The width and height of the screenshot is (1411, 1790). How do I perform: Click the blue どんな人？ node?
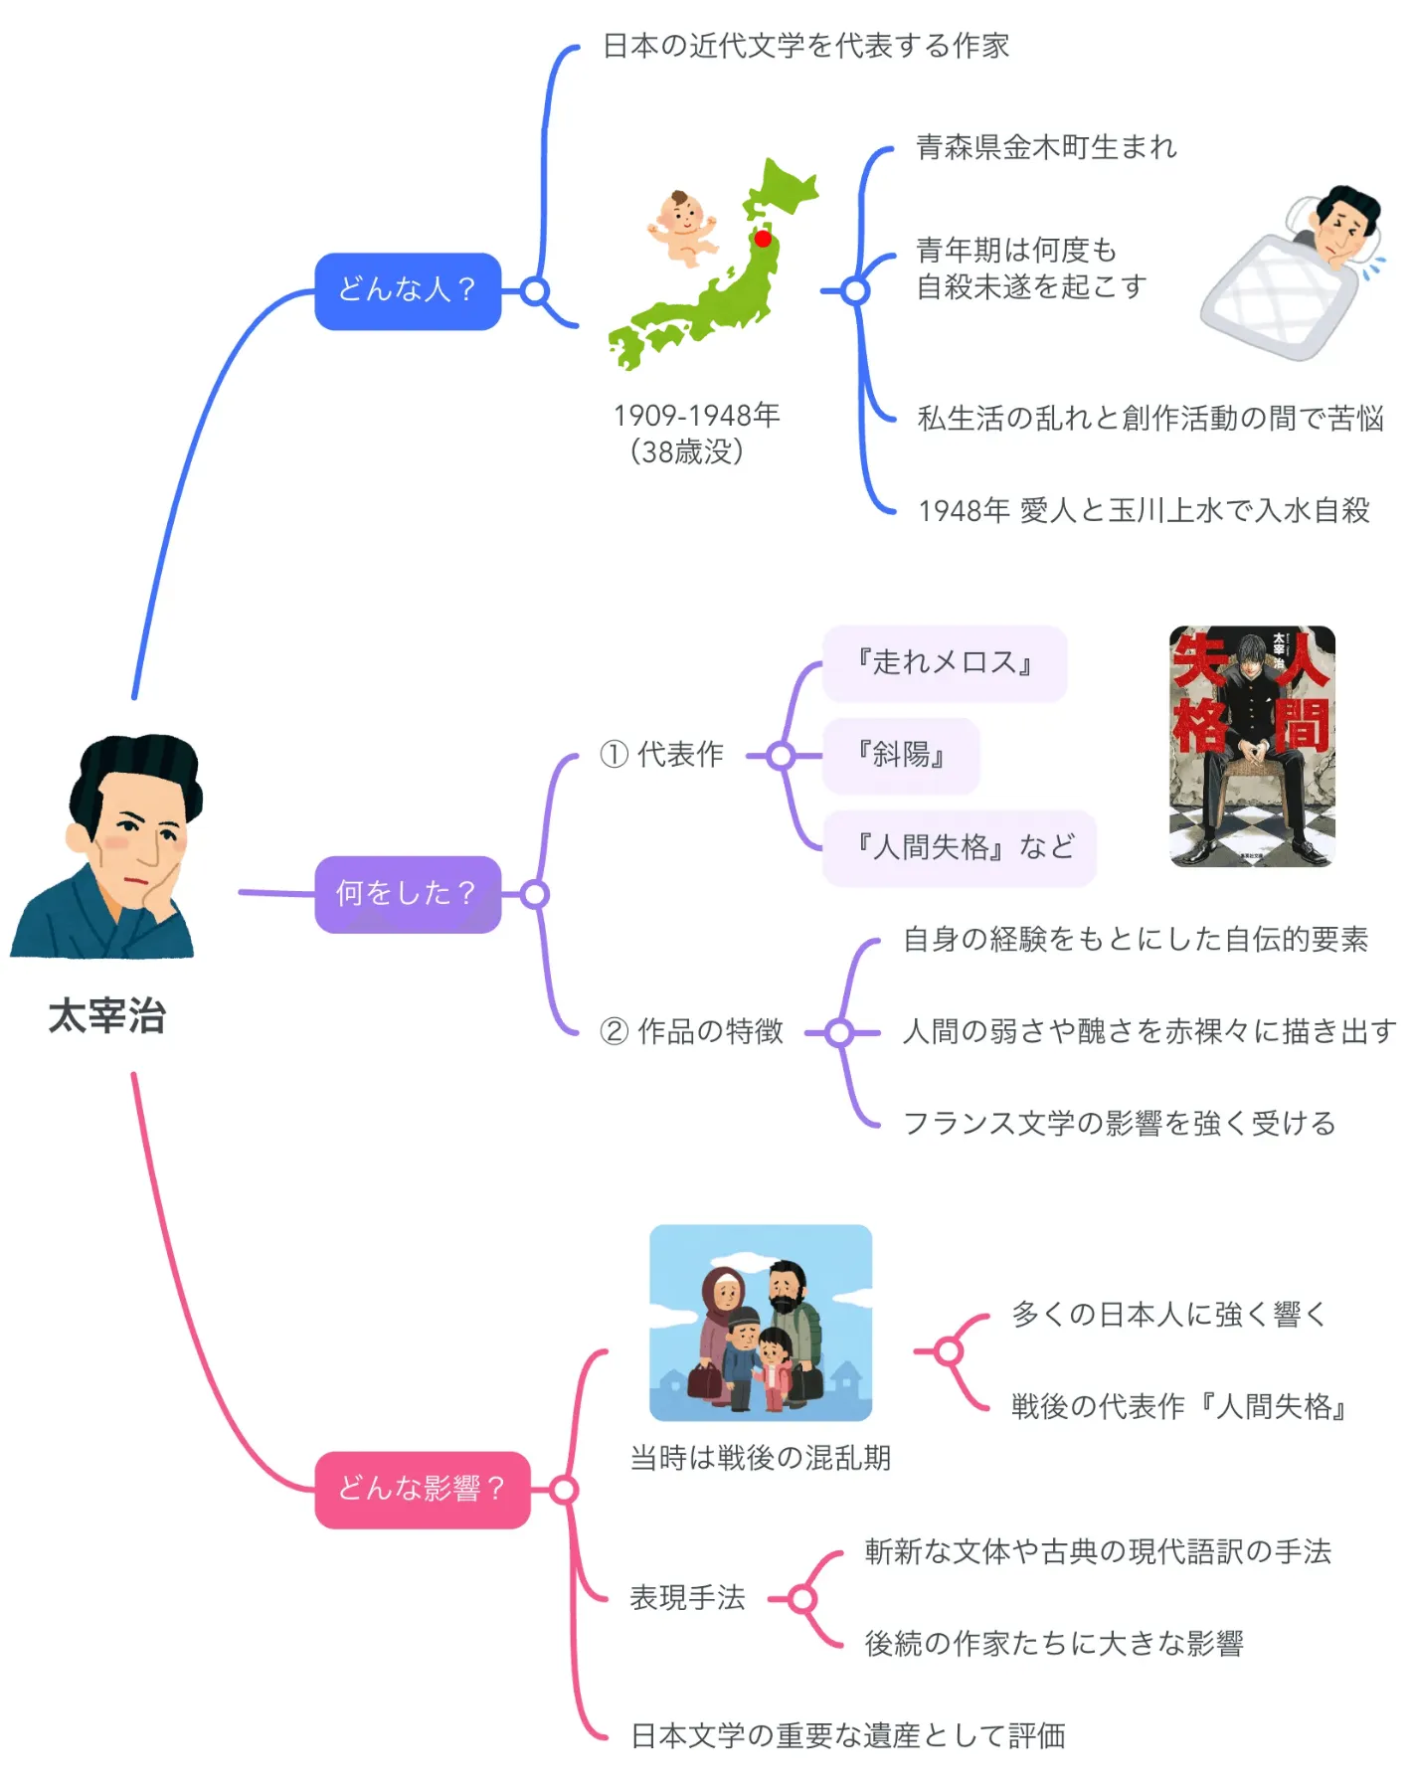coord(408,290)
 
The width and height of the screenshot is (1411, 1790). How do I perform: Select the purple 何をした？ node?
coord(408,894)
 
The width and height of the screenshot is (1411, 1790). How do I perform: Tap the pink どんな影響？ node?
coord(423,1489)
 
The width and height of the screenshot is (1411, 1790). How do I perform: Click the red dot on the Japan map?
coord(763,239)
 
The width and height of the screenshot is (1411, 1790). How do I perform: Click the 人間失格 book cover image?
coord(1252,746)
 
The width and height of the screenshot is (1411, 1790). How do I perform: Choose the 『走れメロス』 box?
coord(945,663)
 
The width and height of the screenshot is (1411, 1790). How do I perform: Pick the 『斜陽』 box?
coord(901,756)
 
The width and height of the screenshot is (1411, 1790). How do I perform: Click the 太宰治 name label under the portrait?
coord(106,1016)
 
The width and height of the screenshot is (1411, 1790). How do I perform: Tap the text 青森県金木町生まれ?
coord(1046,147)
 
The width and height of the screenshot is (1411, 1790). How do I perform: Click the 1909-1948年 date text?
coord(696,415)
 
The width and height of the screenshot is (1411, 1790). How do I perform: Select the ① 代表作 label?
coord(661,755)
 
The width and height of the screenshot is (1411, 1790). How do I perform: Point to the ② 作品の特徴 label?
coord(691,1031)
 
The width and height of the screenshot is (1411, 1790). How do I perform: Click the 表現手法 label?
coord(687,1598)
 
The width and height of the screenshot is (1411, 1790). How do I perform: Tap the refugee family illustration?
coord(761,1323)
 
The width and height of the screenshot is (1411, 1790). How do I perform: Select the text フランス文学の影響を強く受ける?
coord(1119,1124)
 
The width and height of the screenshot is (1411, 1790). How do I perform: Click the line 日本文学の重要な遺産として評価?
coord(848,1735)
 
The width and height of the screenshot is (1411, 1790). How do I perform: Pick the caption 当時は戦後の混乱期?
coord(761,1458)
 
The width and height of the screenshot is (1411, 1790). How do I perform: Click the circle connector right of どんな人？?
coord(535,291)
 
